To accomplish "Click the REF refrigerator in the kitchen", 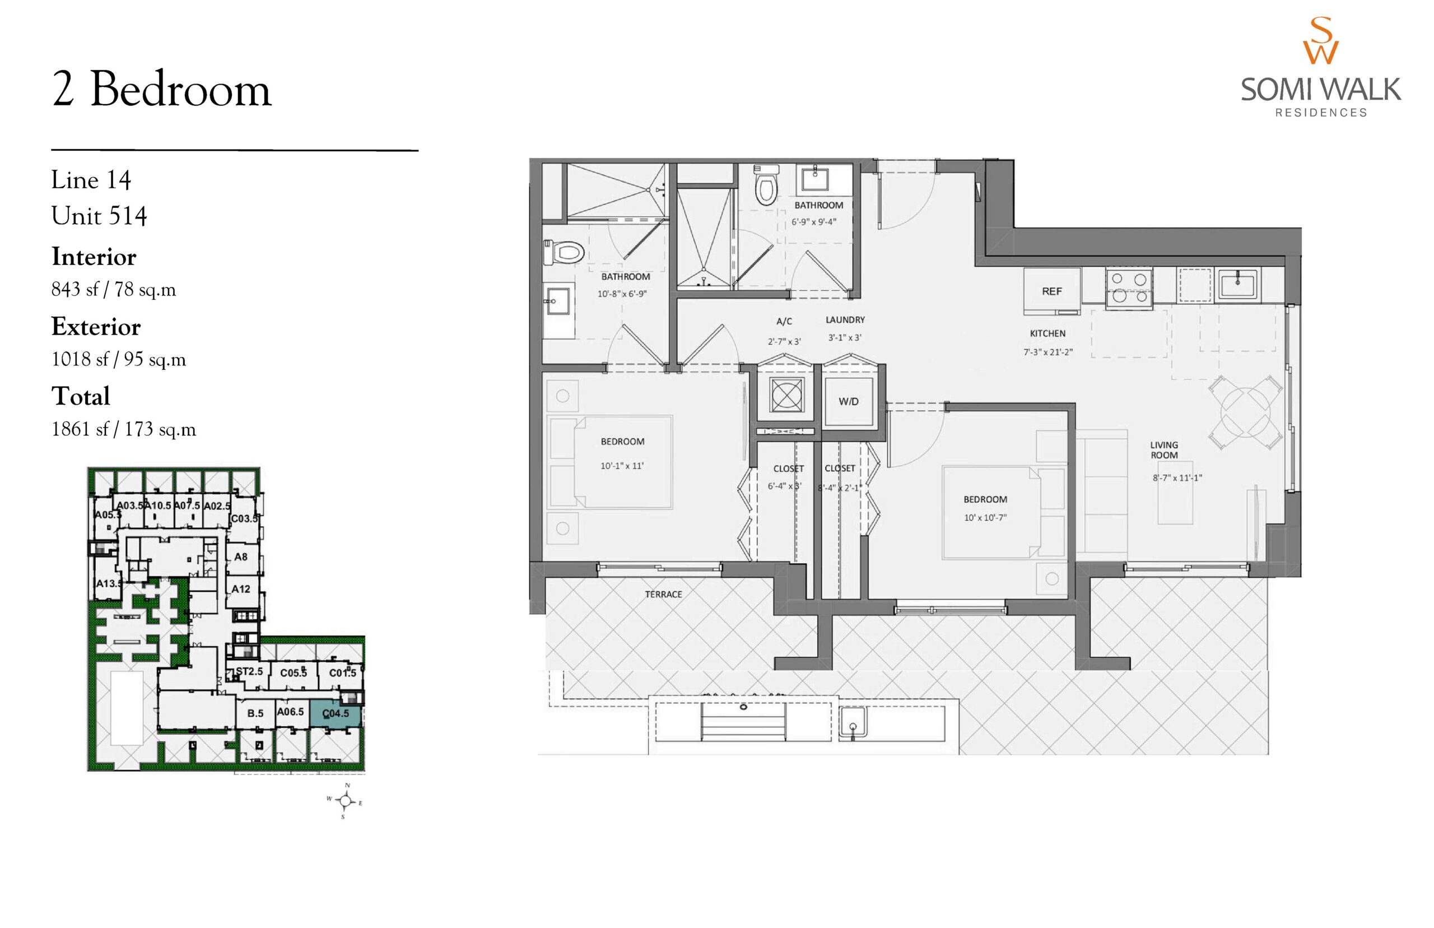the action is pyautogui.click(x=1051, y=291).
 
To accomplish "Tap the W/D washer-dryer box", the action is pyautogui.click(x=849, y=402).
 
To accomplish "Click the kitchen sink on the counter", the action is pyautogui.click(x=1237, y=285).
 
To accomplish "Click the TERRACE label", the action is pyautogui.click(x=663, y=594).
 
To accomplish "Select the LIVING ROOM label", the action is pyautogui.click(x=1163, y=450).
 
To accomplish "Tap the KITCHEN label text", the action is pyautogui.click(x=1047, y=333).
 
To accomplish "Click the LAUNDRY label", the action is pyautogui.click(x=845, y=320).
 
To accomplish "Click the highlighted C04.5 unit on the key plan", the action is pyautogui.click(x=336, y=713).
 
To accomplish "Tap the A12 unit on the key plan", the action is pyautogui.click(x=241, y=589).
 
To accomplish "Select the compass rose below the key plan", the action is pyautogui.click(x=345, y=801).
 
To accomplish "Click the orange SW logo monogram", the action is pyautogui.click(x=1321, y=40).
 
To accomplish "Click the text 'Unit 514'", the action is pyautogui.click(x=99, y=216).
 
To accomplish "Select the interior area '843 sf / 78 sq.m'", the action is pyautogui.click(x=114, y=289).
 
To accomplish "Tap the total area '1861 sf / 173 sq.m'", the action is pyautogui.click(x=124, y=429).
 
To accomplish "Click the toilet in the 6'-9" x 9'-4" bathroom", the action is pyautogui.click(x=766, y=185).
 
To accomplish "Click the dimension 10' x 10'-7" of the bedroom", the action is pyautogui.click(x=985, y=518).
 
